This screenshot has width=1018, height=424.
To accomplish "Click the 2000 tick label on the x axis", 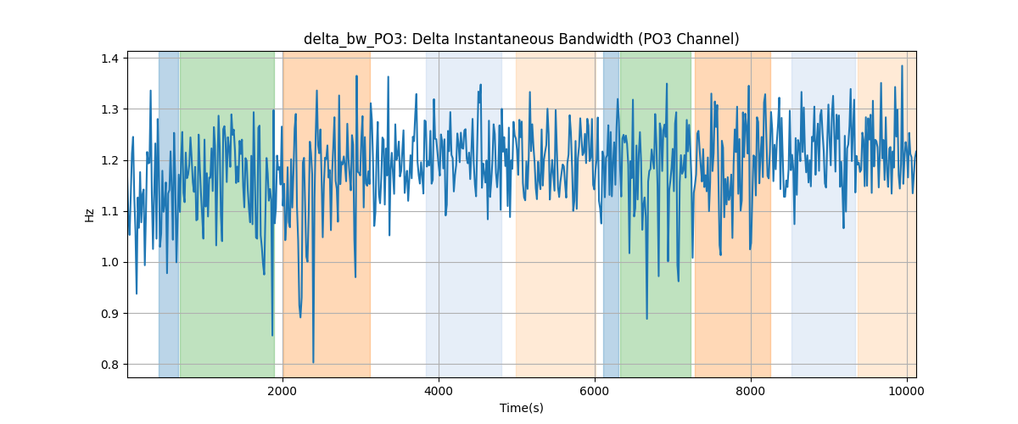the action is (x=282, y=391).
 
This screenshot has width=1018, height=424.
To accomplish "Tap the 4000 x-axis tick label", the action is (x=439, y=391).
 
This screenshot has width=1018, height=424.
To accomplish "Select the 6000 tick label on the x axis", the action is (x=595, y=391).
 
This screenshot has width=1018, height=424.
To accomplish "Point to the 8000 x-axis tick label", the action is (x=751, y=391).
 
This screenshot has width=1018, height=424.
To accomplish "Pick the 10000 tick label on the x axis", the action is (x=907, y=391).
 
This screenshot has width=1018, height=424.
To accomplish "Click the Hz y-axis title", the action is (x=90, y=215).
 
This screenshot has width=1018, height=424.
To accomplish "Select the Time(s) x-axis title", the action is (x=522, y=408).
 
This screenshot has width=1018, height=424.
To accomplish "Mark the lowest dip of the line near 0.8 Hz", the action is (x=313, y=362).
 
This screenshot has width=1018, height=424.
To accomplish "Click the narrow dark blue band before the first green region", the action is (x=169, y=214).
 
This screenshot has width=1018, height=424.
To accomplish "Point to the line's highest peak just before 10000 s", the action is (x=902, y=66).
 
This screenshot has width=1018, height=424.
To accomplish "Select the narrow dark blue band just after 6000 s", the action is (x=612, y=214).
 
